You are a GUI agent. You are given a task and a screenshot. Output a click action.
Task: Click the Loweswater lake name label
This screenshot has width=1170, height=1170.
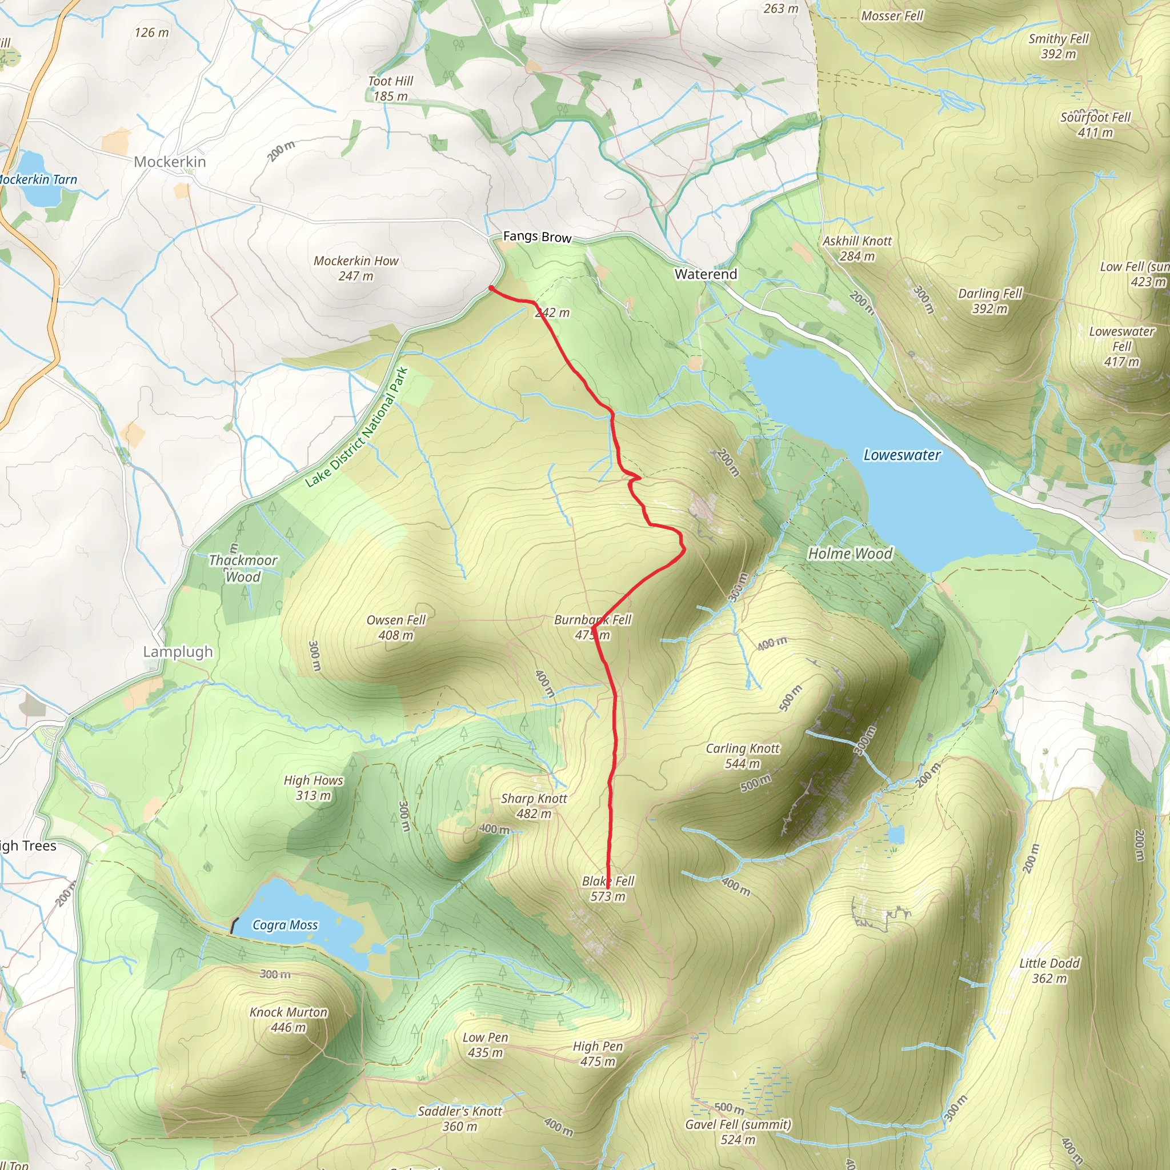click(x=901, y=455)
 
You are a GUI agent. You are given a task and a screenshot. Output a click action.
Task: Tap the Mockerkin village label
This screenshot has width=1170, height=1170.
click(x=170, y=162)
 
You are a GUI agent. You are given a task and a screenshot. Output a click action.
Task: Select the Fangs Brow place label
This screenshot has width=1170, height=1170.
click(x=537, y=237)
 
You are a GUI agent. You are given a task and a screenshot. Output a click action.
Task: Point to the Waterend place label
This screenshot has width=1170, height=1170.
click(x=706, y=274)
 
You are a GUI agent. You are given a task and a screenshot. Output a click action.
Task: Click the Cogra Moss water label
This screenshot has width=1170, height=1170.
click(x=285, y=925)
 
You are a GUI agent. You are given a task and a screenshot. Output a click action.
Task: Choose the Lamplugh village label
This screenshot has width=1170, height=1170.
click(x=178, y=652)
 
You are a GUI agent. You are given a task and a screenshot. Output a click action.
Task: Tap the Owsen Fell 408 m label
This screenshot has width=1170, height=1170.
click(x=396, y=627)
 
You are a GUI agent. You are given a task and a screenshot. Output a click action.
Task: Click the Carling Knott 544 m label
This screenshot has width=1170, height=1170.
click(x=743, y=756)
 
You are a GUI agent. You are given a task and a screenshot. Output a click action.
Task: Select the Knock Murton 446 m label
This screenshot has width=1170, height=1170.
click(x=289, y=1020)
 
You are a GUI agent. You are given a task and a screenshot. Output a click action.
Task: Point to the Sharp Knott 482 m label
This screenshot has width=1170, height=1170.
click(x=534, y=806)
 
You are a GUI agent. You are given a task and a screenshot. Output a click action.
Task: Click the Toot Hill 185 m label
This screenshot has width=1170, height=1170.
click(x=391, y=89)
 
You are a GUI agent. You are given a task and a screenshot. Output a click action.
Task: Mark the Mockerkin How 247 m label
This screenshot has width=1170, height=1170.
click(x=356, y=269)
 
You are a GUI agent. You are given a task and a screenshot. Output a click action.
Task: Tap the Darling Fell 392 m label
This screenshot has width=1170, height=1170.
click(x=989, y=301)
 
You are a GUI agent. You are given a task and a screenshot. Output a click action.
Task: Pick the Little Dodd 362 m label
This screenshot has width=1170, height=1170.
click(x=1049, y=971)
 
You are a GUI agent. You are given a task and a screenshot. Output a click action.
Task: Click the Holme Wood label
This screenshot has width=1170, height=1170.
click(x=850, y=554)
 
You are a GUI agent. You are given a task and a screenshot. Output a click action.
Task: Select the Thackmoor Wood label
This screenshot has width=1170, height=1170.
click(x=243, y=568)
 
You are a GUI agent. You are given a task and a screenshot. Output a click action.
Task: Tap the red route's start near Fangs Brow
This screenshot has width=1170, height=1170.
click(x=491, y=289)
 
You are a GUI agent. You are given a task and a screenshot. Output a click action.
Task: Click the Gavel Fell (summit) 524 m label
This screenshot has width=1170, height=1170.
click(x=738, y=1132)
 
